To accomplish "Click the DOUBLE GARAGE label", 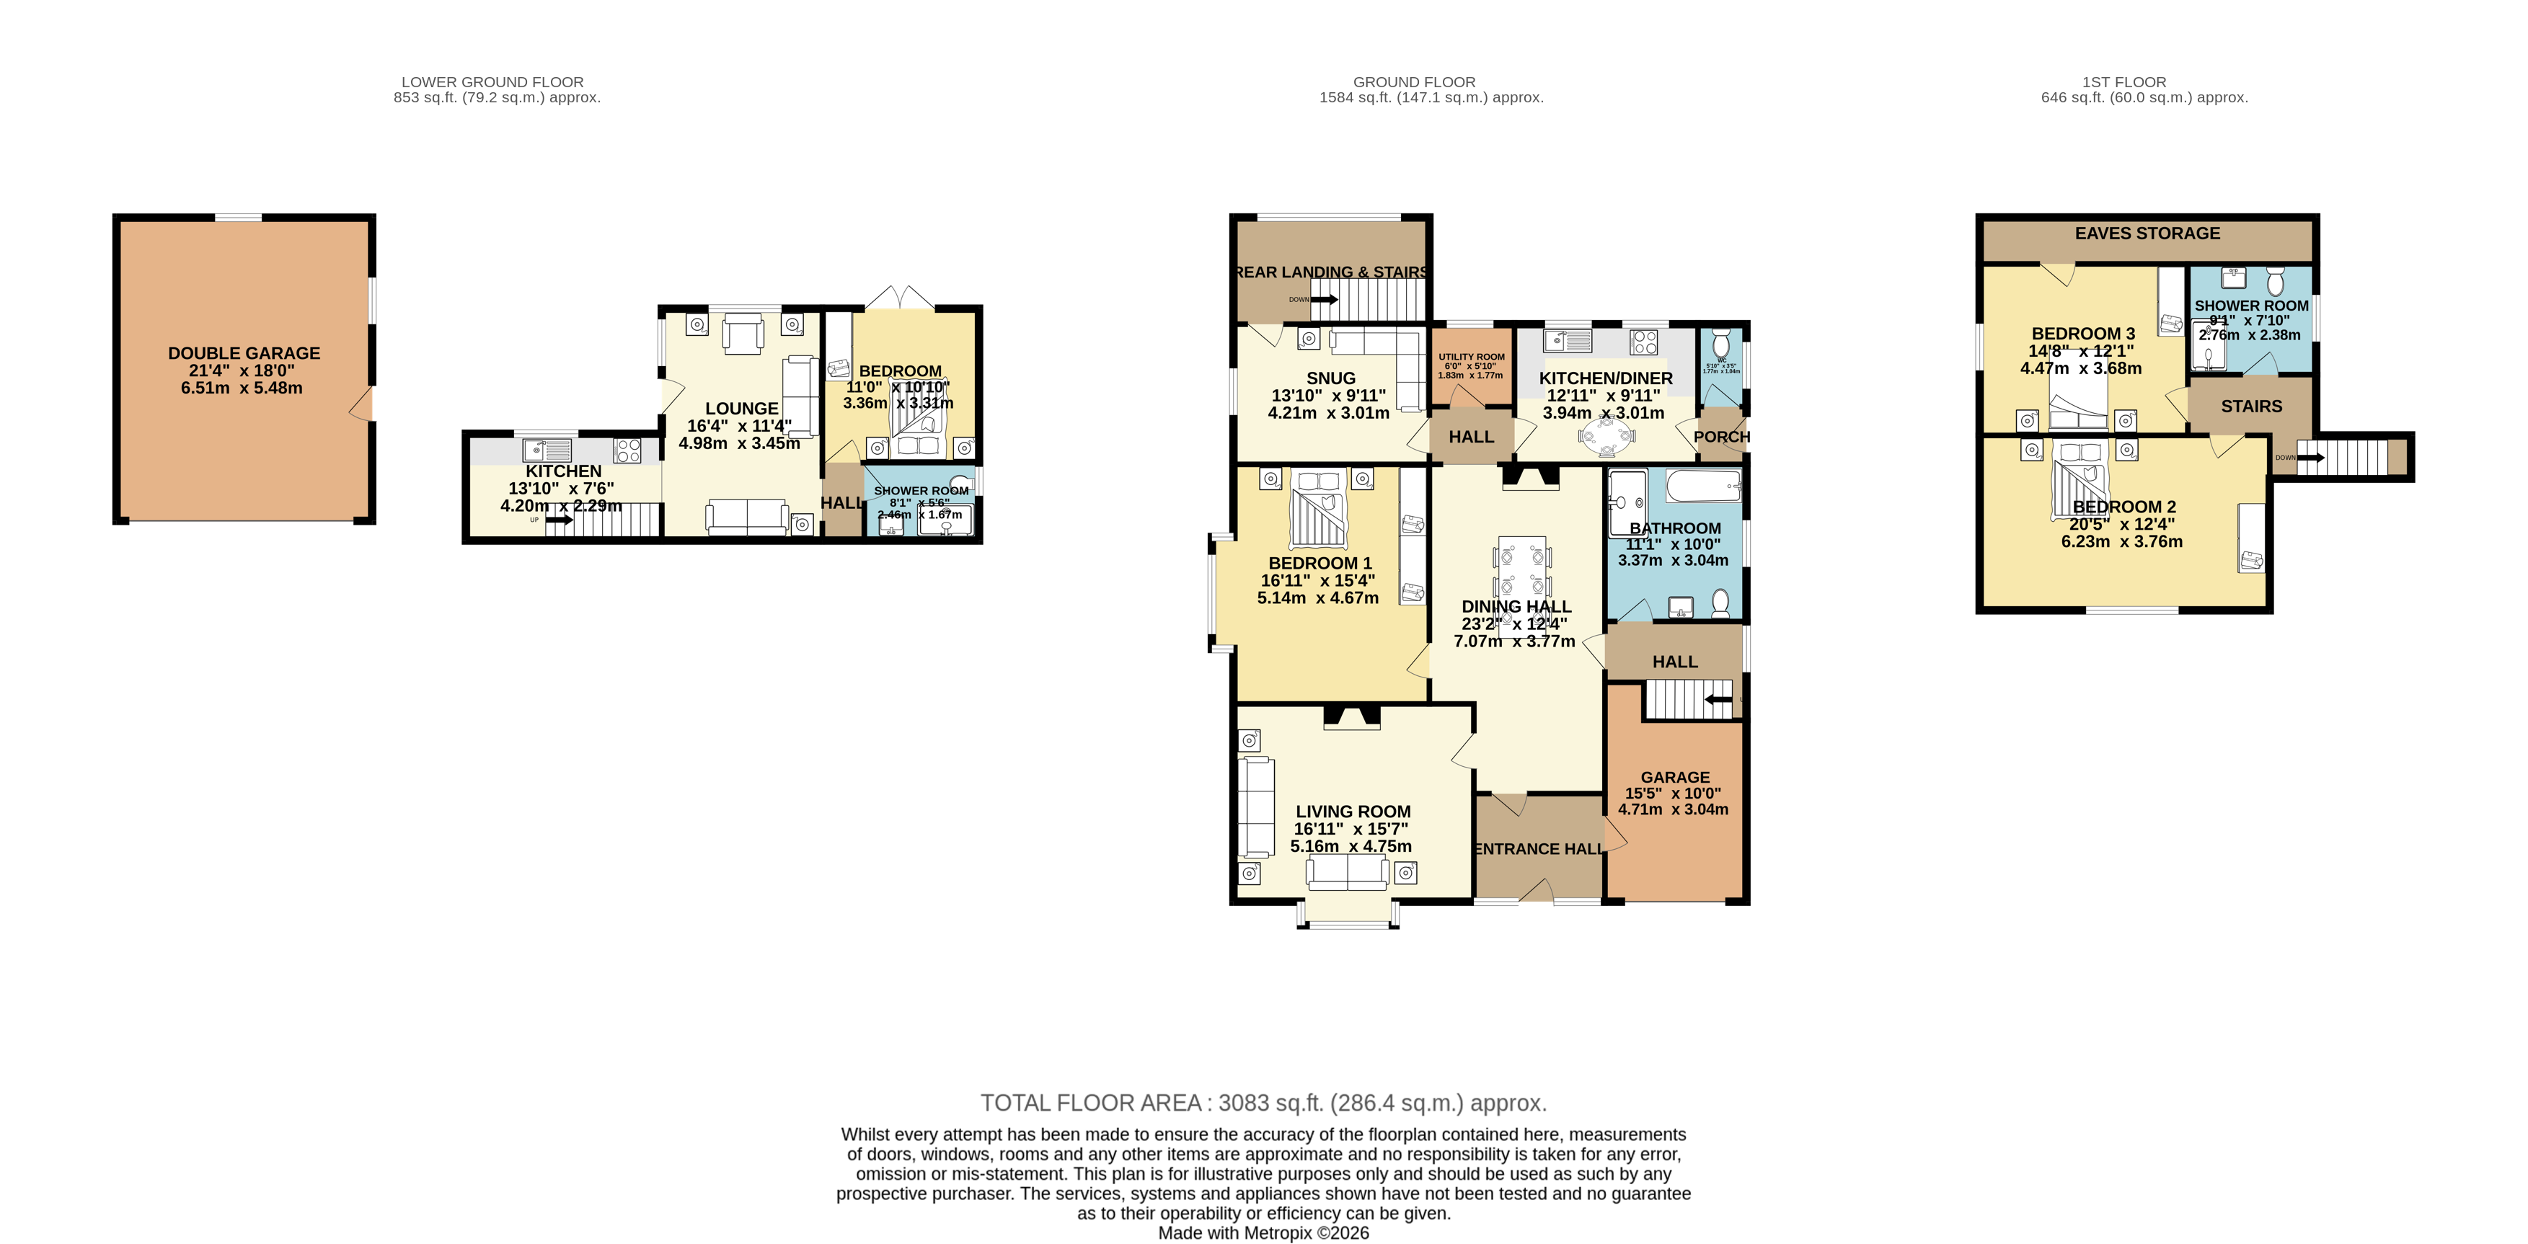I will tap(244, 353).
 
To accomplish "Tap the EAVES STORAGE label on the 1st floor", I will tap(2147, 234).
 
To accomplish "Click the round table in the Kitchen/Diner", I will tap(1606, 437).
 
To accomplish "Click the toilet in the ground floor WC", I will tap(1720, 345).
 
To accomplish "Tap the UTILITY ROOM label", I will tap(1471, 357).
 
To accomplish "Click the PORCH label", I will tap(1721, 437).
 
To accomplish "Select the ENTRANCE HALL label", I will tap(1539, 848).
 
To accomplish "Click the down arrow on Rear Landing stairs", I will tap(1324, 299).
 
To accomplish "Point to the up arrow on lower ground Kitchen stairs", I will tap(560, 520).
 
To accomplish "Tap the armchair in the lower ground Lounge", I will tap(743, 334).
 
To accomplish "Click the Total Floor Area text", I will tap(1263, 1103).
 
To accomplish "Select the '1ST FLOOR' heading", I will tap(2123, 82).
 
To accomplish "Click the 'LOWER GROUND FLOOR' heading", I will tap(492, 82).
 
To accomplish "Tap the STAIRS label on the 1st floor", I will tap(2251, 406).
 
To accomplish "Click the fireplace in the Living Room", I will tap(1351, 717).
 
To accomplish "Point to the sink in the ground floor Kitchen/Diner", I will tap(1568, 342).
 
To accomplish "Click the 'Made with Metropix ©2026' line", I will tap(1263, 1233).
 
